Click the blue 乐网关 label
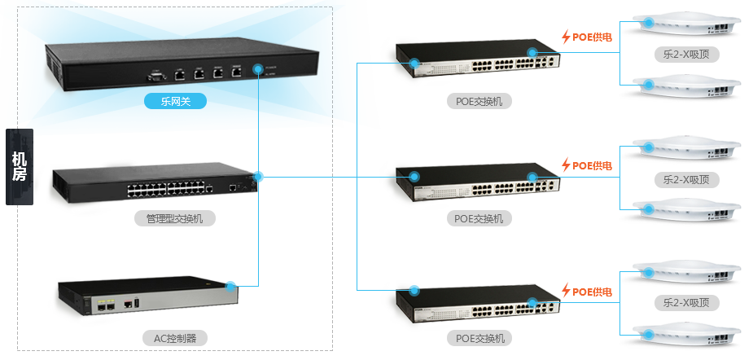[175, 101]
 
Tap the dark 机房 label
[20, 167]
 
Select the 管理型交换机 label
[175, 219]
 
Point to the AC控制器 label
[175, 338]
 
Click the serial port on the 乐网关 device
[156, 76]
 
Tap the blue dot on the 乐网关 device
[258, 68]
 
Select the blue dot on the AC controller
[230, 287]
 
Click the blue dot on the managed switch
[258, 177]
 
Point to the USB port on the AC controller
[137, 304]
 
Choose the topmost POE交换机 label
[479, 102]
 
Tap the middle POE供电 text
[592, 165]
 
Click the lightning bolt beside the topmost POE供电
[567, 37]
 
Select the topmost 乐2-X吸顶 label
[686, 55]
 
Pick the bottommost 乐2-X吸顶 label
[686, 302]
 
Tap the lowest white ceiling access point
[686, 335]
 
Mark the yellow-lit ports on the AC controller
[106, 305]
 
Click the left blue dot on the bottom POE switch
[414, 290]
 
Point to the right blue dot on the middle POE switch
[532, 177]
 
